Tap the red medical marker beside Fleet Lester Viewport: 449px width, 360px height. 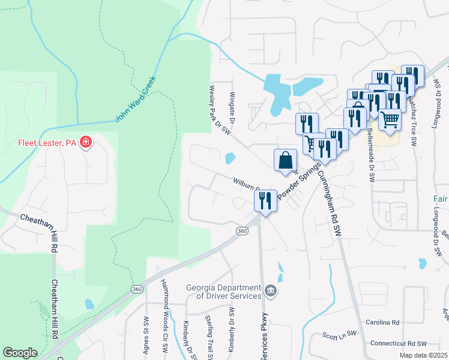(86, 142)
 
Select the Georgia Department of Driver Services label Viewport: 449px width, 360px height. (223, 291)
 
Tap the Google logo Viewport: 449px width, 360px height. (20, 352)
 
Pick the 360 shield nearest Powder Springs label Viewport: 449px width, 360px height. (241, 231)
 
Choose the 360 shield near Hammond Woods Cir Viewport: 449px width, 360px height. (136, 289)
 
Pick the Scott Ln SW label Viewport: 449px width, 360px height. (340, 335)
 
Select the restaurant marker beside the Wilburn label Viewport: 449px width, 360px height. (267, 201)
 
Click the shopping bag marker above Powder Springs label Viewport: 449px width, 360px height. (285, 160)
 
